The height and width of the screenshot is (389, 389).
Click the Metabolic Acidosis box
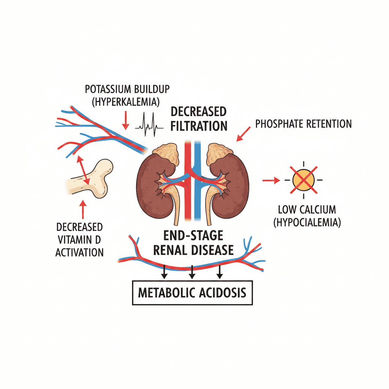(x=192, y=293)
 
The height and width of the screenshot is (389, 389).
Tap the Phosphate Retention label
(x=304, y=123)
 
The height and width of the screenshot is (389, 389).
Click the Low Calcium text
(x=307, y=209)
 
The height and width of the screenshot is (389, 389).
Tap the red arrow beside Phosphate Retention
(x=244, y=134)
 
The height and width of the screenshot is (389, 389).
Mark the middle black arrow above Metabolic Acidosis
(x=192, y=270)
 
